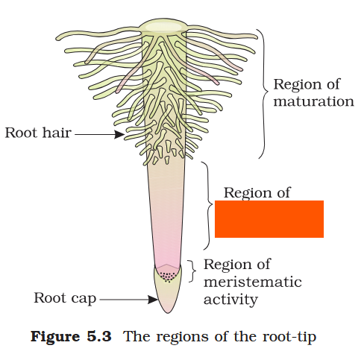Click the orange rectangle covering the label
pos(269,218)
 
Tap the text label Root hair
pos(38,133)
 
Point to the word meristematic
pos(252,282)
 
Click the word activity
pos(230,300)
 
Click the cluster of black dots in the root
pos(169,276)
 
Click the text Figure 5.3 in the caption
pos(71,336)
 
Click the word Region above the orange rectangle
pos(248,192)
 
